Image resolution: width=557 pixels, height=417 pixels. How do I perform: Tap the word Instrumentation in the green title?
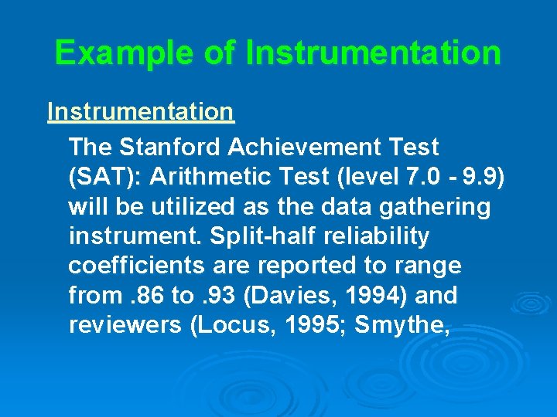pyautogui.click(x=373, y=53)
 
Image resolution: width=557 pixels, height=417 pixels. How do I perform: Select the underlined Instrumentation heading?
pyautogui.click(x=140, y=112)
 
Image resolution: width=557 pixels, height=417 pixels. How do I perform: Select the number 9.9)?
pyautogui.click(x=485, y=177)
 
